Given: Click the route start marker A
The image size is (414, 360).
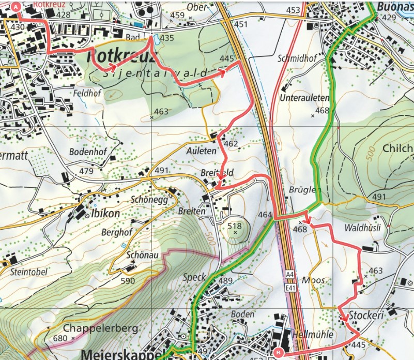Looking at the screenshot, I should tap(16, 7).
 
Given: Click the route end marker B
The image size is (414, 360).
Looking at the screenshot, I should tap(277, 351).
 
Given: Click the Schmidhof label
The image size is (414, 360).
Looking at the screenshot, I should tap(296, 58).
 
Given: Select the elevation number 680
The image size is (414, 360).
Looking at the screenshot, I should tap(61, 339).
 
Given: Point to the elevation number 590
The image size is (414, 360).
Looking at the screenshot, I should tap(128, 281).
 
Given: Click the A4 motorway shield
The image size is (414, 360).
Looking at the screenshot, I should tap(291, 273).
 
